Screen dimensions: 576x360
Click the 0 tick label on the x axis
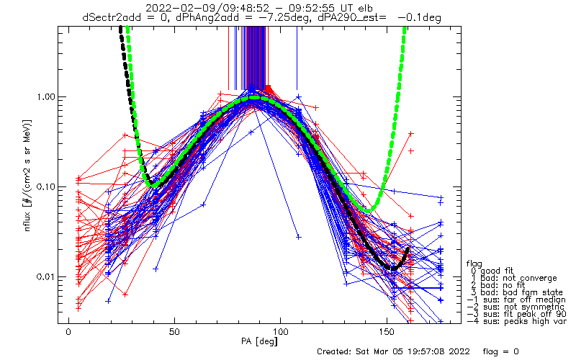coord(68,332)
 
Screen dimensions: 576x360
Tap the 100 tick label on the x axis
coord(280,332)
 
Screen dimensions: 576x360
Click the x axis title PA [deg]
coord(259,342)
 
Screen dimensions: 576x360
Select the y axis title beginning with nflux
coord(27,176)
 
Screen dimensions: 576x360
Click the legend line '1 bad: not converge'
coord(514,278)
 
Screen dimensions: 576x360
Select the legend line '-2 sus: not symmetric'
coord(516,307)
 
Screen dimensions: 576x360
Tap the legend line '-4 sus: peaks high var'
coord(516,321)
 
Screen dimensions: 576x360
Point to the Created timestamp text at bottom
coord(393,351)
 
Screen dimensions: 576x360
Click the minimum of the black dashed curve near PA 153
coord(392,269)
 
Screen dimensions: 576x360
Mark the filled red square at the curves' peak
coord(269,89)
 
